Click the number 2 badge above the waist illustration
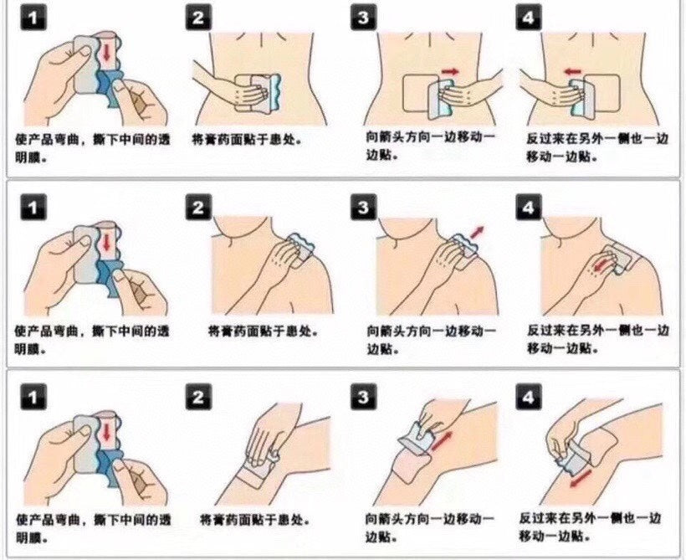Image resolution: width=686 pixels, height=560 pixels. click(197, 18)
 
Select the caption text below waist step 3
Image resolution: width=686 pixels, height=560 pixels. click(430, 146)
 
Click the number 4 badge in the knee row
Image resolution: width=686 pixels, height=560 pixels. click(528, 397)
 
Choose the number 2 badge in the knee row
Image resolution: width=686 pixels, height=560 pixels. click(197, 397)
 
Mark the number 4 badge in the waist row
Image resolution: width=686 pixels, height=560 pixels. click(528, 18)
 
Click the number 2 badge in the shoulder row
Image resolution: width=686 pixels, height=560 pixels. click(197, 208)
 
